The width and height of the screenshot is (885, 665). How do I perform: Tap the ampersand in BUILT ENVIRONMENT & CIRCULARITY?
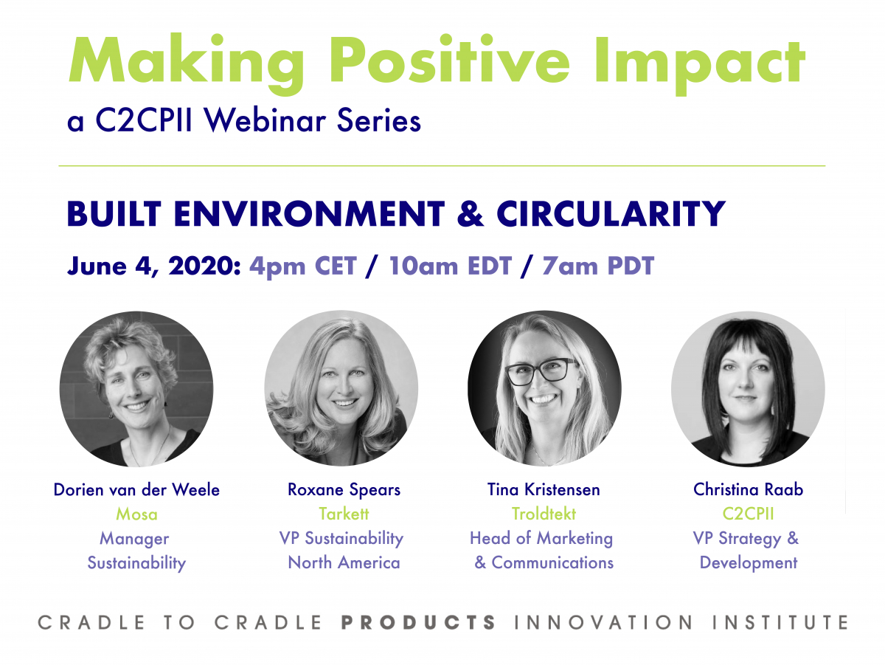click(470, 214)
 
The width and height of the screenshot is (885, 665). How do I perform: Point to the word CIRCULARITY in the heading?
click(611, 214)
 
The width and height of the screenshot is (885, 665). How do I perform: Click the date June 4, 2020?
click(153, 266)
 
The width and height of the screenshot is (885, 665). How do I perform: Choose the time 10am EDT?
click(450, 266)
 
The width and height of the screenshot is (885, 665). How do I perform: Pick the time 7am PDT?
click(598, 266)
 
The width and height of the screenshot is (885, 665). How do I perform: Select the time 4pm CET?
click(303, 266)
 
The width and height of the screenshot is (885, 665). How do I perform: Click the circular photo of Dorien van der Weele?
click(136, 388)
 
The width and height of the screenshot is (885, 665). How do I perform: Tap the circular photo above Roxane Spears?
click(341, 388)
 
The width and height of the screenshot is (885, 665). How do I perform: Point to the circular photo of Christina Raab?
click(748, 389)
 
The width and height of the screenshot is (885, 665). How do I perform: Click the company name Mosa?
click(136, 514)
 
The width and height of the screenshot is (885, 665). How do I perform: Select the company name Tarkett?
click(344, 514)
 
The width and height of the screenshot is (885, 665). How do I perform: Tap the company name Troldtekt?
click(544, 514)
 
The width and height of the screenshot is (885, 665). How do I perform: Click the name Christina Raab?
click(749, 489)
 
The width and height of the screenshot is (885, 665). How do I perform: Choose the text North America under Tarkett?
click(344, 562)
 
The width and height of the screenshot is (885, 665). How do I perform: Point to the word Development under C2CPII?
click(749, 562)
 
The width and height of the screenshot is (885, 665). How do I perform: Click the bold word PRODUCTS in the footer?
click(418, 622)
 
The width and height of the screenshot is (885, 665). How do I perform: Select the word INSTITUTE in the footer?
click(780, 622)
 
